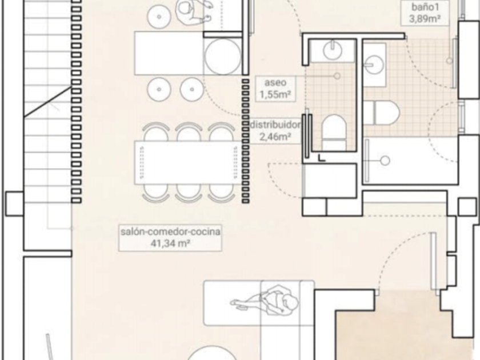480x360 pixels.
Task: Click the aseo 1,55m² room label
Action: [275, 89]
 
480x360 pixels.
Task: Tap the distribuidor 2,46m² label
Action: [275, 131]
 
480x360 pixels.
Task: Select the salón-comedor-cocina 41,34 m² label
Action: [170, 238]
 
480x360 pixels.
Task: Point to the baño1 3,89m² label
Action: [425, 13]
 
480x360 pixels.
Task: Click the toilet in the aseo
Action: [334, 132]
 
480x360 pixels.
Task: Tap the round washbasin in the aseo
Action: [333, 50]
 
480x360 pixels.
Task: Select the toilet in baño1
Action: [382, 113]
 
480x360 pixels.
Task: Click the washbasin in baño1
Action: [374, 64]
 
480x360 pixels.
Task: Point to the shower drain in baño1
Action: [385, 160]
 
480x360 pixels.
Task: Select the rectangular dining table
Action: [187, 162]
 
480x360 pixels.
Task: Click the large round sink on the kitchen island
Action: [222, 57]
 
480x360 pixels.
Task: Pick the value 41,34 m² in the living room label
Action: [170, 243]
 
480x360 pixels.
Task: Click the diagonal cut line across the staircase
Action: [48, 102]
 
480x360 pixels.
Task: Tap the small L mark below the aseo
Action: [321, 158]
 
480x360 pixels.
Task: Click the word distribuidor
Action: [275, 125]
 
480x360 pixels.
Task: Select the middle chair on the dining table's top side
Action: [188, 131]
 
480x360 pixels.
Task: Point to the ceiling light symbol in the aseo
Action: [337, 76]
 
